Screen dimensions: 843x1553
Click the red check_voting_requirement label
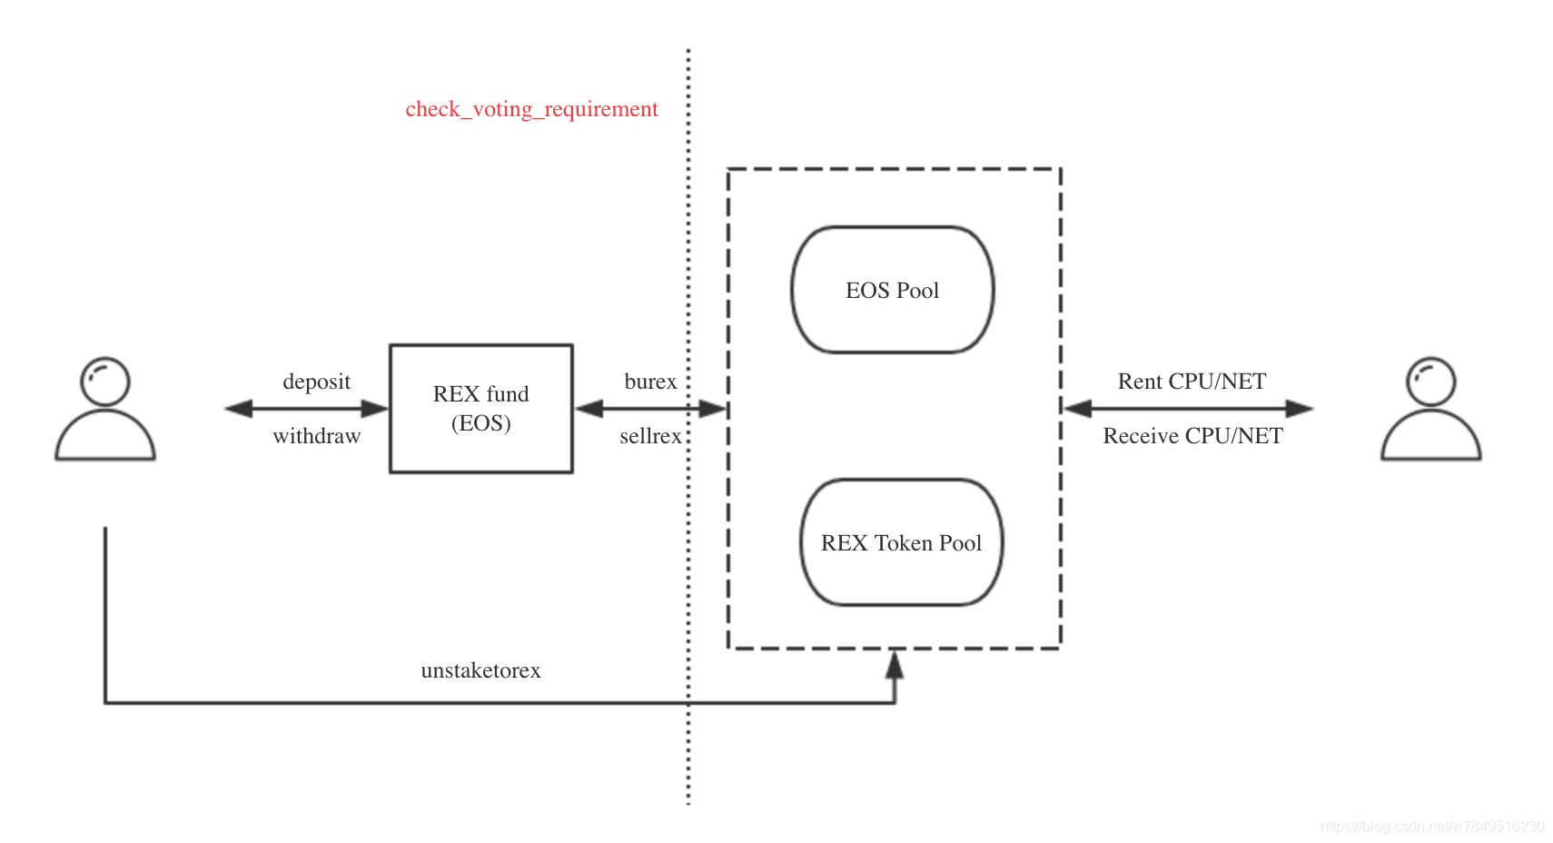[531, 109]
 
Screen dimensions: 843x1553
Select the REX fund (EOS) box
[480, 408]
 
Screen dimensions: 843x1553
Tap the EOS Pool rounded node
[892, 290]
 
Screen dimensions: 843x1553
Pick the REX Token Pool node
[901, 542]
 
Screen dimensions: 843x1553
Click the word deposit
[316, 381]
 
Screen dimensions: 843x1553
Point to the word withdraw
[316, 436]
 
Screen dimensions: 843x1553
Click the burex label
[650, 381]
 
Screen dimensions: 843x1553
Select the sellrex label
[650, 436]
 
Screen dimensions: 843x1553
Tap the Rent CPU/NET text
[1192, 381]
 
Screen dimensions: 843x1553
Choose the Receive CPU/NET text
[1192, 436]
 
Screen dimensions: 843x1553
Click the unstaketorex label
[480, 670]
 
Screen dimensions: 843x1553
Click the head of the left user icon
[105, 381]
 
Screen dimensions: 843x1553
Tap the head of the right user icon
[1430, 381]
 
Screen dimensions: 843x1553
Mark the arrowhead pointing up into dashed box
[895, 665]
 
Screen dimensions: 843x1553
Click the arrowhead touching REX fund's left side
[375, 409]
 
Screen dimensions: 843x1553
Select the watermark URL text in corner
[1431, 826]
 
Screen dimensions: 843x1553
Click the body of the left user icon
[105, 438]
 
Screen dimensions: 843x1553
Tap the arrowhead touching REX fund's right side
[589, 409]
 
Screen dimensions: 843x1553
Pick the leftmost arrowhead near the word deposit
[239, 409]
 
